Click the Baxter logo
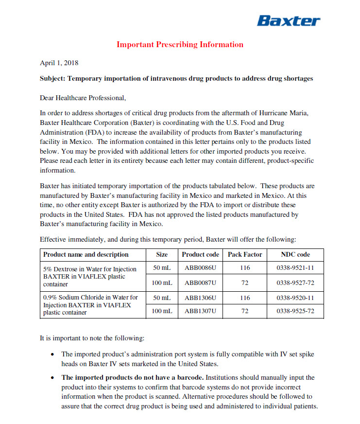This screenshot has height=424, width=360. click(289, 21)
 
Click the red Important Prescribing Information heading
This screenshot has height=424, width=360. click(180, 45)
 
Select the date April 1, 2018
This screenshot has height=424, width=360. click(59, 63)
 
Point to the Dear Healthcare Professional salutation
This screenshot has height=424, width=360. click(83, 98)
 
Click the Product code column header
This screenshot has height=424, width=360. click(200, 254)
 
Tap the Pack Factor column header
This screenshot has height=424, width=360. click(245, 254)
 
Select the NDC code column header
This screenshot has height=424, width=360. click(295, 254)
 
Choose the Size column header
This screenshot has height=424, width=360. click(162, 254)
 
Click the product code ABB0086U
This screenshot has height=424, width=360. click(200, 268)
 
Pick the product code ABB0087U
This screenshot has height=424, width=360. click(200, 283)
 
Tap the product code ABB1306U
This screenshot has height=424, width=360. click(200, 297)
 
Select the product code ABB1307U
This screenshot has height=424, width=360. click(200, 311)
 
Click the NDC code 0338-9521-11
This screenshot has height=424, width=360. click(295, 268)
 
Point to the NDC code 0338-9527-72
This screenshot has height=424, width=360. click(295, 283)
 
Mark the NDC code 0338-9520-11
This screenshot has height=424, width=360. click(295, 297)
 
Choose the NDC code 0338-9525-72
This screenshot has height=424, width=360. click(295, 311)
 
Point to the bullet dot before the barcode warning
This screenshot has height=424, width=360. click(52, 378)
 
